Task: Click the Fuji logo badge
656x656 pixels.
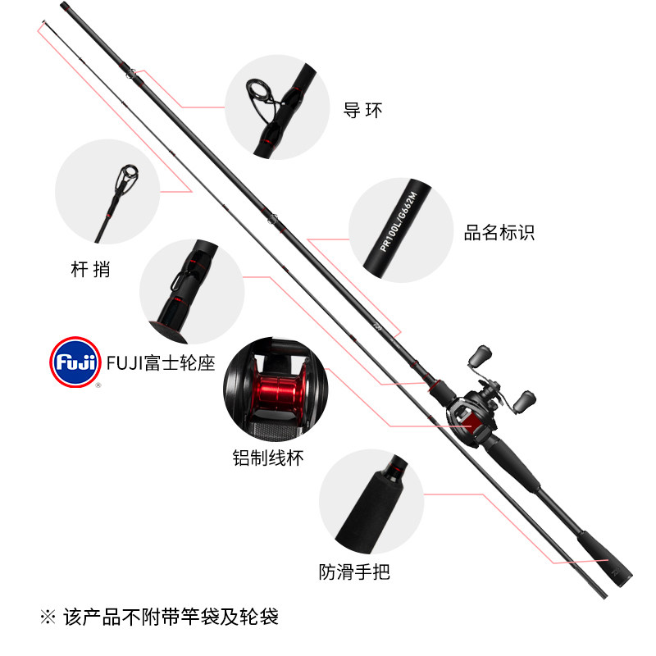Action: click(75, 361)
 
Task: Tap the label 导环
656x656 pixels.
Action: click(362, 110)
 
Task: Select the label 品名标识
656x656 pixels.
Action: click(499, 233)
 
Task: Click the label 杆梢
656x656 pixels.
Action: click(90, 268)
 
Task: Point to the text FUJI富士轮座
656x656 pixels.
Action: click(161, 362)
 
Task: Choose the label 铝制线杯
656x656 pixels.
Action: click(268, 458)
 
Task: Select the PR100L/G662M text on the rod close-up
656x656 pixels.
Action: click(400, 222)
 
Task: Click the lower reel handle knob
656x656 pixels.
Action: click(525, 401)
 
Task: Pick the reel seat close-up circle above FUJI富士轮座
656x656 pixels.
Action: click(192, 292)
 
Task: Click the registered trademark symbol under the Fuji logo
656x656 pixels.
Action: click(99, 385)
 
